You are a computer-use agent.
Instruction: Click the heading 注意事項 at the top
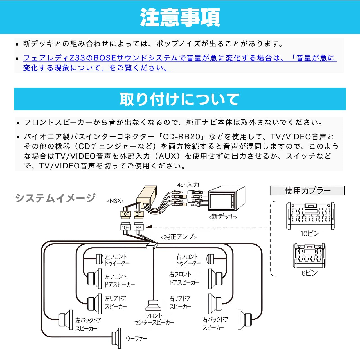pyautogui.click(x=180, y=17)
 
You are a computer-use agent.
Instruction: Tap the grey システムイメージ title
pyautogui.click(x=55, y=198)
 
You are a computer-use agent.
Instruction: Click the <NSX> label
pyautogui.click(x=115, y=201)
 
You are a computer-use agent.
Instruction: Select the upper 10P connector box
pyautogui.click(x=125, y=214)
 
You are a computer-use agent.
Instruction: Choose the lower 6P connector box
pyautogui.click(x=138, y=227)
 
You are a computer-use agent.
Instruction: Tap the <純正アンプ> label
pyautogui.click(x=179, y=237)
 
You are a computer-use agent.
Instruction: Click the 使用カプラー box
pyautogui.click(x=307, y=190)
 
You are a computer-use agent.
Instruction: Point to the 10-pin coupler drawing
pyautogui.click(x=310, y=216)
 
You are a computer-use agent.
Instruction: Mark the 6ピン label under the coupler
pyautogui.click(x=310, y=273)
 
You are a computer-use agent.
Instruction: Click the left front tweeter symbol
pyautogui.click(x=100, y=259)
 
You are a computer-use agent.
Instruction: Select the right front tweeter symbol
pyautogui.click(x=210, y=259)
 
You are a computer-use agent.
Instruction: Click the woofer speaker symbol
pyautogui.click(x=116, y=338)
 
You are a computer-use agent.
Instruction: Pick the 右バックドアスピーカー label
pyautogui.click(x=215, y=324)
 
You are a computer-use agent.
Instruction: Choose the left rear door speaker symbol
pyautogui.click(x=95, y=303)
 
